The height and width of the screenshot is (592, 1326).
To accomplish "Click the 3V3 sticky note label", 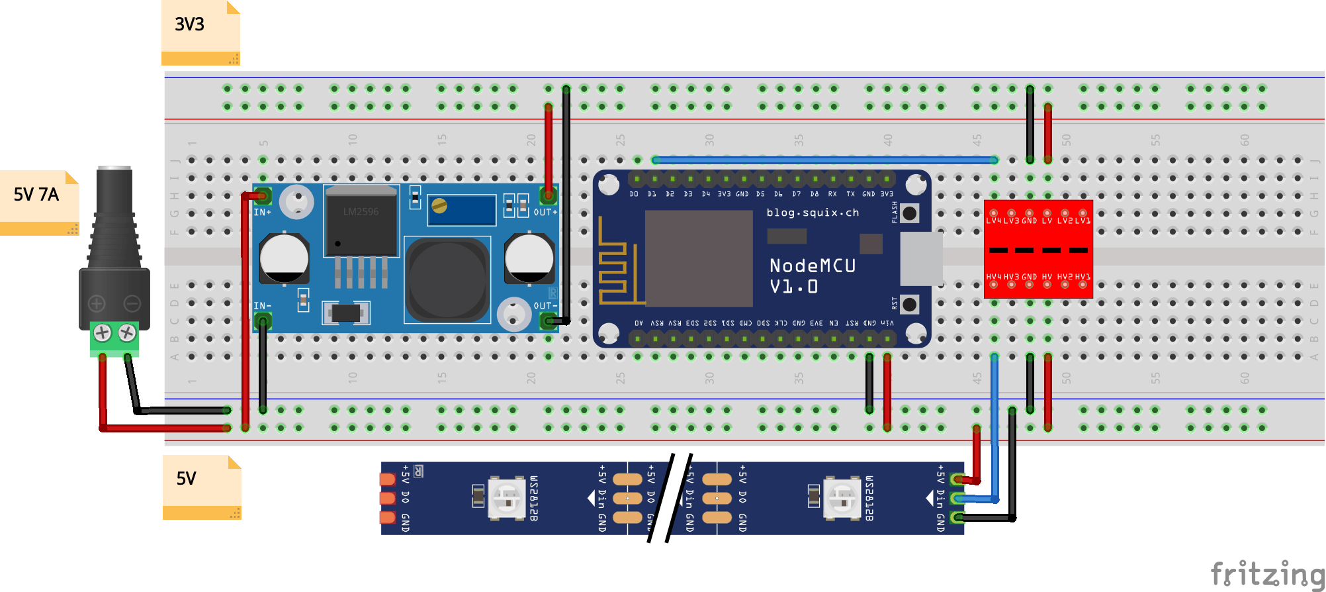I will (x=190, y=25).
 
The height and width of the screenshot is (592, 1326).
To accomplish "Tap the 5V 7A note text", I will (x=36, y=195).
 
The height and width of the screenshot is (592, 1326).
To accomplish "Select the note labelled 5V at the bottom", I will (x=187, y=479).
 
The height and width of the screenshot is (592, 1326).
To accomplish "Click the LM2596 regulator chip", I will (x=361, y=222).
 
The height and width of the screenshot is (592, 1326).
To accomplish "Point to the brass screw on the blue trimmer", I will (x=439, y=206).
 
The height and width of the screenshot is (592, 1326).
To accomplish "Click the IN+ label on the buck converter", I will (x=263, y=213).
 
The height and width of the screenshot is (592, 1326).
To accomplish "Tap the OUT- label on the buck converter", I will (x=545, y=306).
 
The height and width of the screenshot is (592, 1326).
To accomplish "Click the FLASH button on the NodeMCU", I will (x=910, y=213).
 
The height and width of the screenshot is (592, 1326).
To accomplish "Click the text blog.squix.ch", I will (x=813, y=213).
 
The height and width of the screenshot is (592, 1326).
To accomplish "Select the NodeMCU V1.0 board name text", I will (x=813, y=275).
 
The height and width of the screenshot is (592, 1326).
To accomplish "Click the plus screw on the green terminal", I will (x=103, y=332).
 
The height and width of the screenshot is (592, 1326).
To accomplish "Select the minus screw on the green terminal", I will (x=127, y=332).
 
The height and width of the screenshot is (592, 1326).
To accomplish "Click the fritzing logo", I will (x=1266, y=573).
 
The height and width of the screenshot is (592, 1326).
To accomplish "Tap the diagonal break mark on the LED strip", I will (x=670, y=498).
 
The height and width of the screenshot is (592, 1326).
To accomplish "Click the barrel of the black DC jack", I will (x=114, y=192).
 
